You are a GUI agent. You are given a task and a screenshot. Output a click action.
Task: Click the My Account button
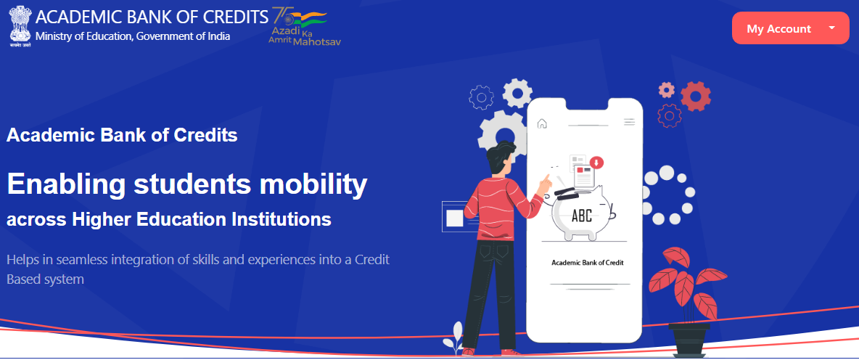790,28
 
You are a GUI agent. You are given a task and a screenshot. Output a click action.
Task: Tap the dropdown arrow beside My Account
831,28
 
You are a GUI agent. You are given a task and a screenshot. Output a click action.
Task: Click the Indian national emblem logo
21,27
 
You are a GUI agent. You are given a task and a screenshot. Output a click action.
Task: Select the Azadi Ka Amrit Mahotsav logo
303,26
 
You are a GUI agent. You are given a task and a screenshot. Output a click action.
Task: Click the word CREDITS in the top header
236,17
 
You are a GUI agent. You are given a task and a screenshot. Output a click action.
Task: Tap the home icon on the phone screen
543,123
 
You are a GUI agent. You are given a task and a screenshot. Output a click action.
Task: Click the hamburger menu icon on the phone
630,122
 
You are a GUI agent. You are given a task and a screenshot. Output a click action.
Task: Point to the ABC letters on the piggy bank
582,216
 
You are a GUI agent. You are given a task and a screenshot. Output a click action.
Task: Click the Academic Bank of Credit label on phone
587,263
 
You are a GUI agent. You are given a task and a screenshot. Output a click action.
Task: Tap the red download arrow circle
596,162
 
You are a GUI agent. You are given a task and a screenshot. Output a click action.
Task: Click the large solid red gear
696,97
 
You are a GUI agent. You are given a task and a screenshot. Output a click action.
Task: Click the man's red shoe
511,351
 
